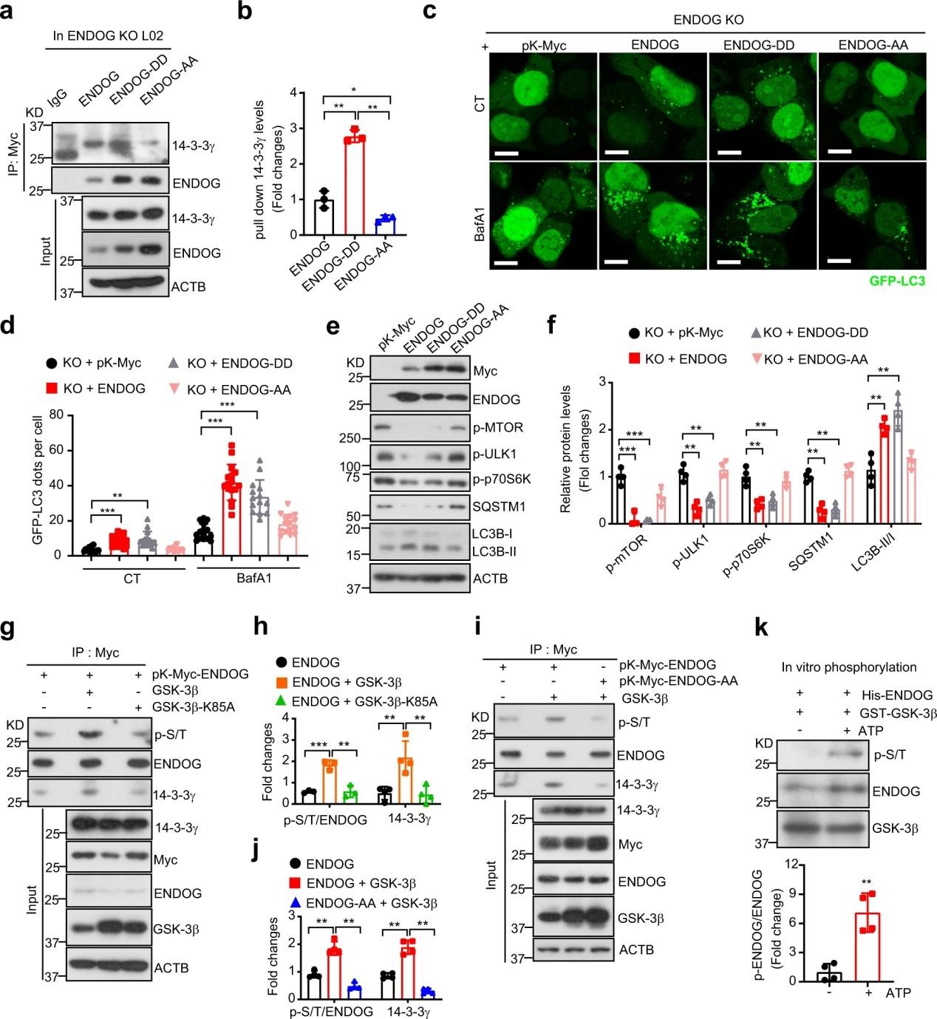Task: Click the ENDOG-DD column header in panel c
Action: (759, 46)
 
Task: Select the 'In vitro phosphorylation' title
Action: (848, 667)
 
